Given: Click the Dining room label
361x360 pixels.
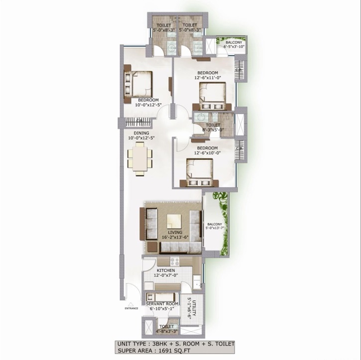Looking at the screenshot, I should coord(141,133).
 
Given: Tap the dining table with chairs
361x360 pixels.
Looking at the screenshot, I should coord(140,159).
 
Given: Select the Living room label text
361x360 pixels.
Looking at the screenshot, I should coord(174,233).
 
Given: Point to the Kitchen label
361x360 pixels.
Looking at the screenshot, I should coord(166,270).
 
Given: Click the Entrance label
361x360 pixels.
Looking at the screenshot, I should coord(131,308).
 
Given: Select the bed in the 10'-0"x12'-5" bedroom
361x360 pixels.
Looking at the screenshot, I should coord(139,83).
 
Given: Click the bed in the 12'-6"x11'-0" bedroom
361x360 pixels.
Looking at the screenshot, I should coord(213,95).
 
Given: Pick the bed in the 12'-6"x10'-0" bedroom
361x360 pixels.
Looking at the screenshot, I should coord(199,172).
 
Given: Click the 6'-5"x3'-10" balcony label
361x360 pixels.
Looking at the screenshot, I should coord(233,43).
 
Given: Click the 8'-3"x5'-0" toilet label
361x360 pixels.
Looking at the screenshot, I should coord(213,125).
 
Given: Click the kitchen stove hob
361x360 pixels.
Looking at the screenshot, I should coord(175,261).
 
